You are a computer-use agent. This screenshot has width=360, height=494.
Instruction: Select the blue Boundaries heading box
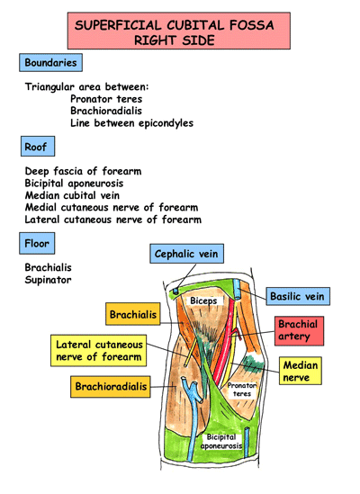(x=51, y=63)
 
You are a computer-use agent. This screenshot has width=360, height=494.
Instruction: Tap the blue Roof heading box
(x=37, y=147)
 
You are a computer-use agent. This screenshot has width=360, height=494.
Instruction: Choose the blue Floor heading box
(x=38, y=243)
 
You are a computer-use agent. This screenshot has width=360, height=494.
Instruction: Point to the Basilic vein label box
(x=300, y=296)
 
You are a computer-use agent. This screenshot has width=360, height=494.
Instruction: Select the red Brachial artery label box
(x=298, y=330)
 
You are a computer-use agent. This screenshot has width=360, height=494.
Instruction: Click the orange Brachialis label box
(x=133, y=314)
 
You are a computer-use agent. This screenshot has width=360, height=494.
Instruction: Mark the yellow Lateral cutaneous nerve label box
(x=99, y=351)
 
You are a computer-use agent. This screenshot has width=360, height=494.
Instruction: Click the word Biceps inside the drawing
(x=203, y=301)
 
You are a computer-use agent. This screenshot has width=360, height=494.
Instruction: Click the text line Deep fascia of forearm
(x=84, y=171)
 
